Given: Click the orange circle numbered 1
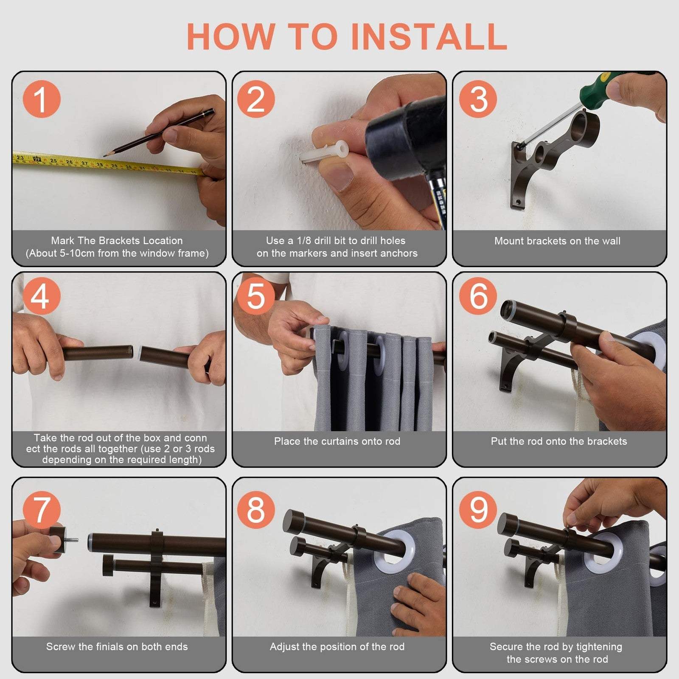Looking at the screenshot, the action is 41,99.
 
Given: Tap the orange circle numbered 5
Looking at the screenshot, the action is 256,296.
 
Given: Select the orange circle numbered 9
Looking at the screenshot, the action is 478,510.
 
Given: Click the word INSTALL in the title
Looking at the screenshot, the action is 429,36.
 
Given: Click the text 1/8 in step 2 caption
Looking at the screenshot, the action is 304,241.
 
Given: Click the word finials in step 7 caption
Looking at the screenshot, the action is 109,647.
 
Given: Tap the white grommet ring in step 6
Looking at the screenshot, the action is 649,348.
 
